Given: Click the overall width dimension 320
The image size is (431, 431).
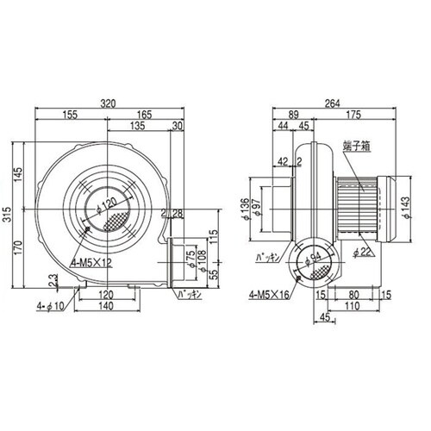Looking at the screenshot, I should click(x=108, y=103).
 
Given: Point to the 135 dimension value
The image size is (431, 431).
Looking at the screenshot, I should click(x=136, y=125).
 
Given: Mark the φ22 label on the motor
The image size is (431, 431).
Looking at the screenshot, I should click(x=361, y=252).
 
